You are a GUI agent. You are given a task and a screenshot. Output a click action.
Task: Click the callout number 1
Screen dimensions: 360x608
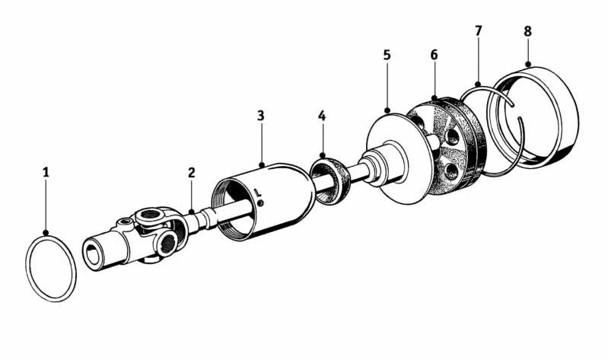tap(46, 173)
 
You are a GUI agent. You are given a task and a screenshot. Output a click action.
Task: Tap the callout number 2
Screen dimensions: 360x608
tap(192, 173)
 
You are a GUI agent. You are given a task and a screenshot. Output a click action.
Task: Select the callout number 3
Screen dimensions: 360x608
tap(260, 116)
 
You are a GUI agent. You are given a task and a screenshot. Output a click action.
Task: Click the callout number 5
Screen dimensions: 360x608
tap(387, 55)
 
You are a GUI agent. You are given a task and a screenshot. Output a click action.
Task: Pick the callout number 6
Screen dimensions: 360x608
tap(434, 55)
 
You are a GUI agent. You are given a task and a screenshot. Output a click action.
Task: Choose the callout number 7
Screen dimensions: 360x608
tap(478, 31)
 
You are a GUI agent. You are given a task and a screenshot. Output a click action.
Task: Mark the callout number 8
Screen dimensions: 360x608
tap(528, 31)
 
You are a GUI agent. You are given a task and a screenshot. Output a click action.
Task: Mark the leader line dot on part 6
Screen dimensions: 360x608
tap(434, 98)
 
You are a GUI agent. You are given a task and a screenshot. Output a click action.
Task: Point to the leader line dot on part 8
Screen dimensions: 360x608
tap(528, 64)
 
